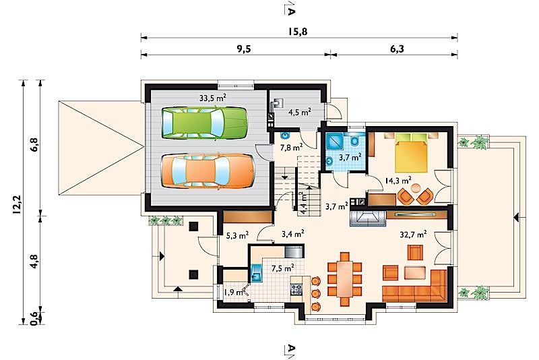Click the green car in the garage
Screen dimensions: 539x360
click(205, 123)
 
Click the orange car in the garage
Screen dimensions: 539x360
click(208, 171)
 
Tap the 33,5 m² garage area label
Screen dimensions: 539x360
click(213, 98)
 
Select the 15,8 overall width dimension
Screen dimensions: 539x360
click(298, 32)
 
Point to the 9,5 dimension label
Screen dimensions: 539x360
click(243, 49)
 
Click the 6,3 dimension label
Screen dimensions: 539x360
click(397, 49)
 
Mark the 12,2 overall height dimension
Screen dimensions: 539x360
click(18, 205)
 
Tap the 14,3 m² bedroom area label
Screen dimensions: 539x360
click(398, 180)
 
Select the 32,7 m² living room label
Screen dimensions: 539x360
click(413, 235)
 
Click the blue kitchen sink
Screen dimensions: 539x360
click(256, 273)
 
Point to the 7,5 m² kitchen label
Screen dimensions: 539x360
click(282, 268)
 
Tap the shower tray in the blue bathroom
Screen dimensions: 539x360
click(336, 142)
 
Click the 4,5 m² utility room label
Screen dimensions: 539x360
click(299, 112)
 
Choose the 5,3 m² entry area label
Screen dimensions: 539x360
click(238, 235)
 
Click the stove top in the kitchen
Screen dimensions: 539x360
click(296, 289)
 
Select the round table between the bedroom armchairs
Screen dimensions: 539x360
click(416, 188)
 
